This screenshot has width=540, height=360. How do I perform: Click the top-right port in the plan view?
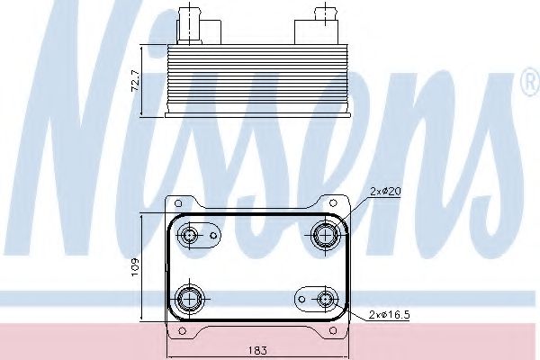[x=324, y=237]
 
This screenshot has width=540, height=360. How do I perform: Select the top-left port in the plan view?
[x=190, y=237]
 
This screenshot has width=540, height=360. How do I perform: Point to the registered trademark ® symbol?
[x=526, y=86]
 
